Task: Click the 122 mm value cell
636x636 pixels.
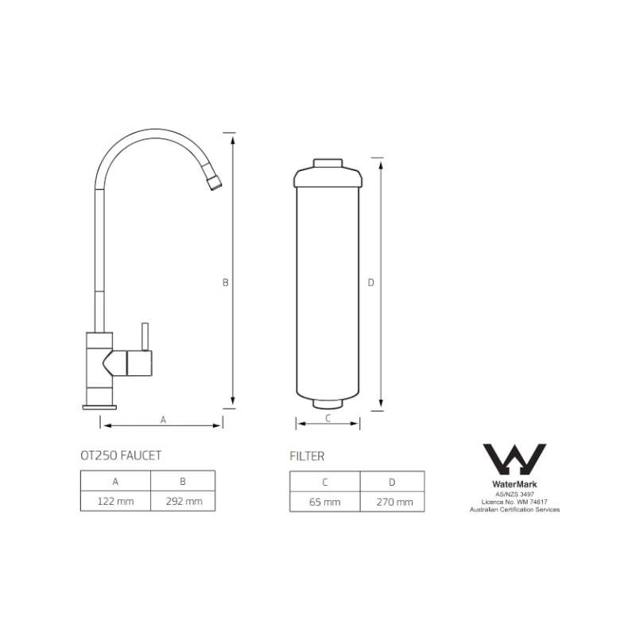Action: click(115, 502)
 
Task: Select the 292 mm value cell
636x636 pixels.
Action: click(183, 502)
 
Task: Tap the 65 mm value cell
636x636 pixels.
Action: click(325, 502)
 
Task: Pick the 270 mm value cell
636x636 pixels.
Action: click(392, 502)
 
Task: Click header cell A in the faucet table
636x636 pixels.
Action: click(115, 482)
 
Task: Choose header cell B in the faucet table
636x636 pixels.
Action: click(183, 482)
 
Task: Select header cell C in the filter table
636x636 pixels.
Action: click(325, 482)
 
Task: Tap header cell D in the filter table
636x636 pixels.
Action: click(392, 482)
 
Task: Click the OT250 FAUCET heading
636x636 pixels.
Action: click(121, 456)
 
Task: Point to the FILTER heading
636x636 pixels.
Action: click(307, 456)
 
